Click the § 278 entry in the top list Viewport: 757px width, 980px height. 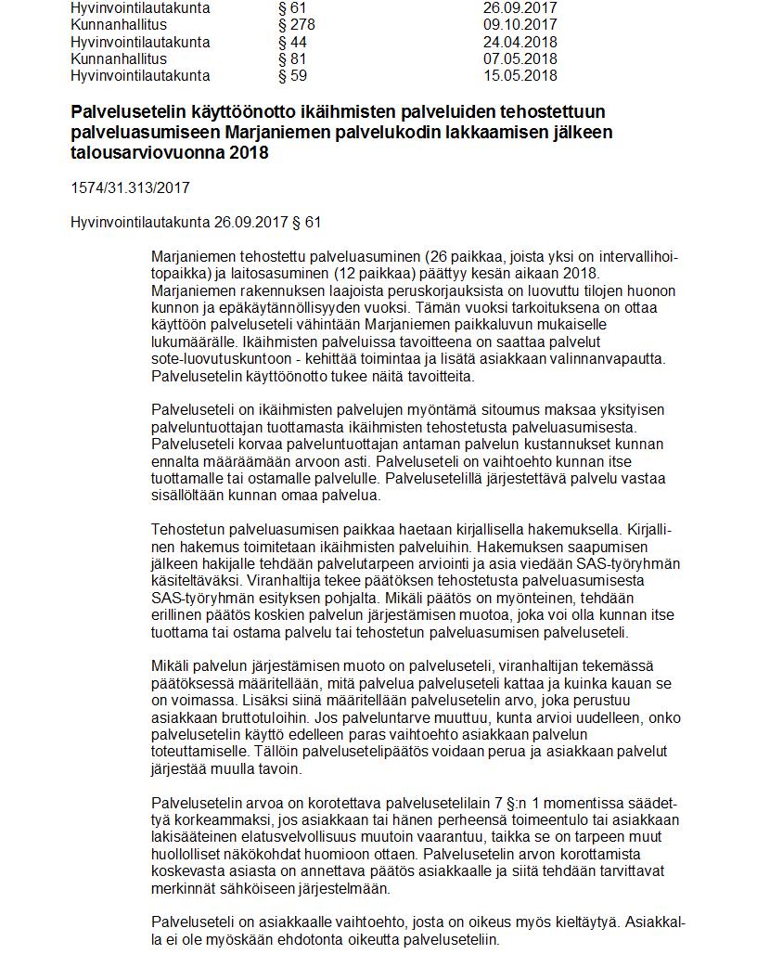[297, 25]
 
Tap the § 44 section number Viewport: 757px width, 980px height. [292, 42]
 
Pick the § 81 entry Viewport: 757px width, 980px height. [292, 58]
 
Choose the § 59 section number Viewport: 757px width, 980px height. [292, 75]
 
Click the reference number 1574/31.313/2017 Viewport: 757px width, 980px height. [130, 187]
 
